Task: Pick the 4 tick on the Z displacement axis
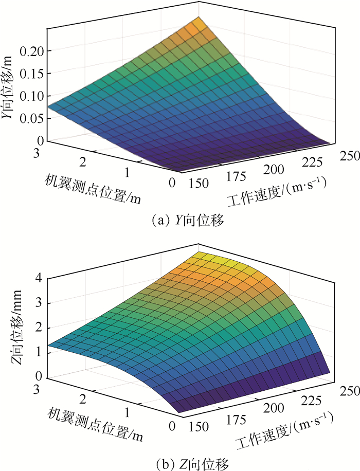(x=38, y=278)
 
